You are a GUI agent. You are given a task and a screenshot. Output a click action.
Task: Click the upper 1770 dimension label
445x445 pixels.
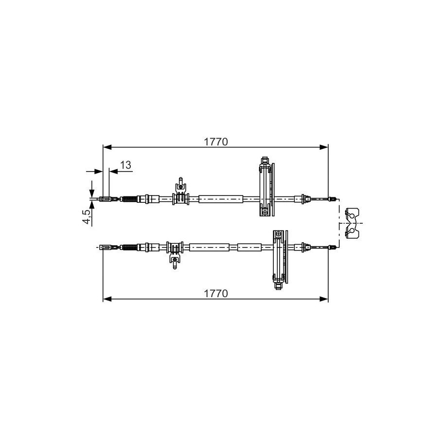click(216, 142)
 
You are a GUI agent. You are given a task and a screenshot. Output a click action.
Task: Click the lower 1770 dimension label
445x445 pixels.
click(216, 293)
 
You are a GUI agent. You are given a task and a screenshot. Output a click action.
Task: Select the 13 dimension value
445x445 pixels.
click(126, 165)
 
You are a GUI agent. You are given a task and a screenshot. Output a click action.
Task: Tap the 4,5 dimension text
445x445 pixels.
click(87, 216)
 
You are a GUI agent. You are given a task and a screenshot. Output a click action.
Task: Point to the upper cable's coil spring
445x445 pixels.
click(129, 199)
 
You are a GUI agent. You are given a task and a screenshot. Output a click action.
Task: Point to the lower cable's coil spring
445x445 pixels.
click(129, 247)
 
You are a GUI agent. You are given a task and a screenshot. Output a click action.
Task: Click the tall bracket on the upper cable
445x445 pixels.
click(267, 186)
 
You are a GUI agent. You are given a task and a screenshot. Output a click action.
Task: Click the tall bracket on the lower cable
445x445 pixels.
click(280, 260)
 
